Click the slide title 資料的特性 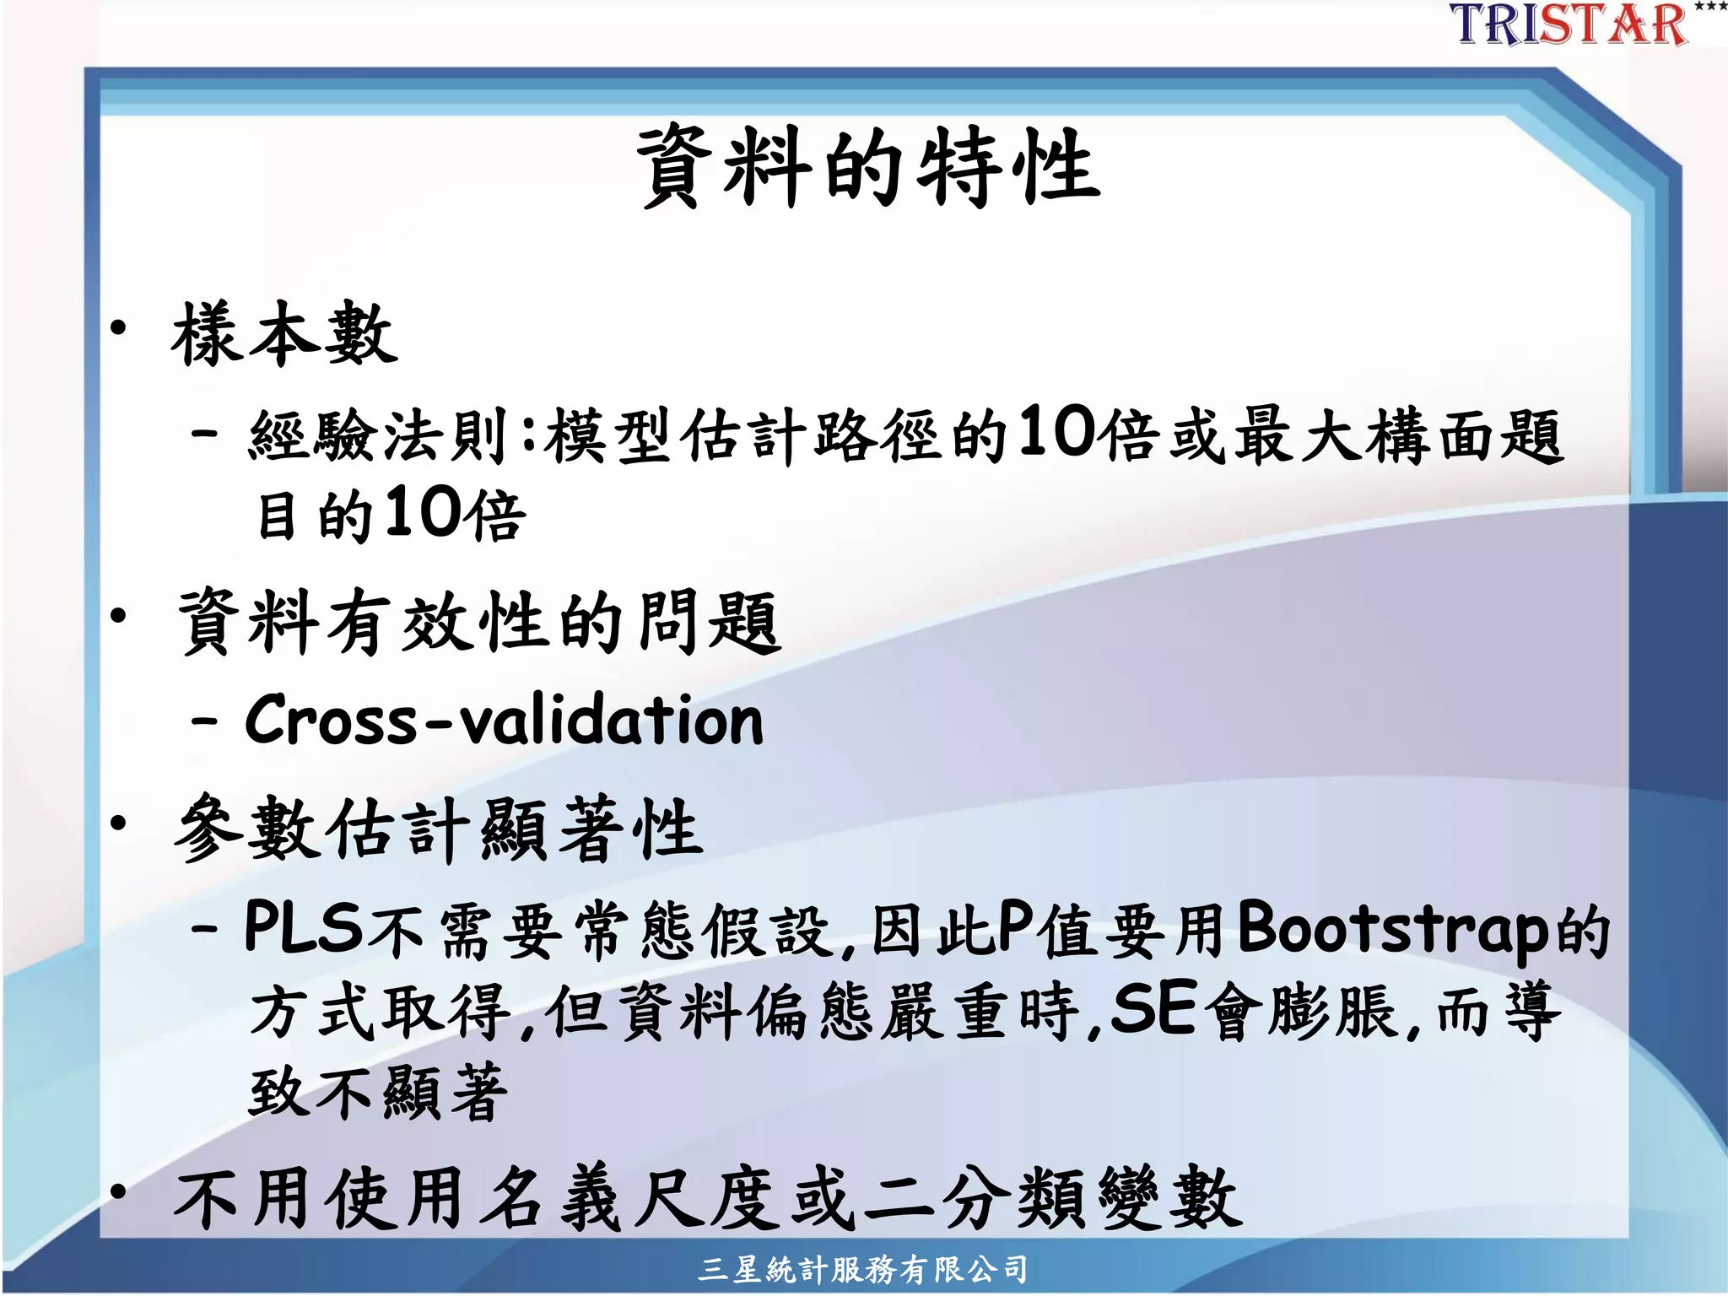(x=868, y=166)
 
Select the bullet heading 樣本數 (x=284, y=335)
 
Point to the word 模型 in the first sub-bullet (x=608, y=435)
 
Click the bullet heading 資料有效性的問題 (x=479, y=622)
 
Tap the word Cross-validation (x=504, y=721)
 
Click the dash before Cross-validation (x=205, y=722)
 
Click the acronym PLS (x=303, y=927)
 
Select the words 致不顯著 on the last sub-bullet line (x=379, y=1092)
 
